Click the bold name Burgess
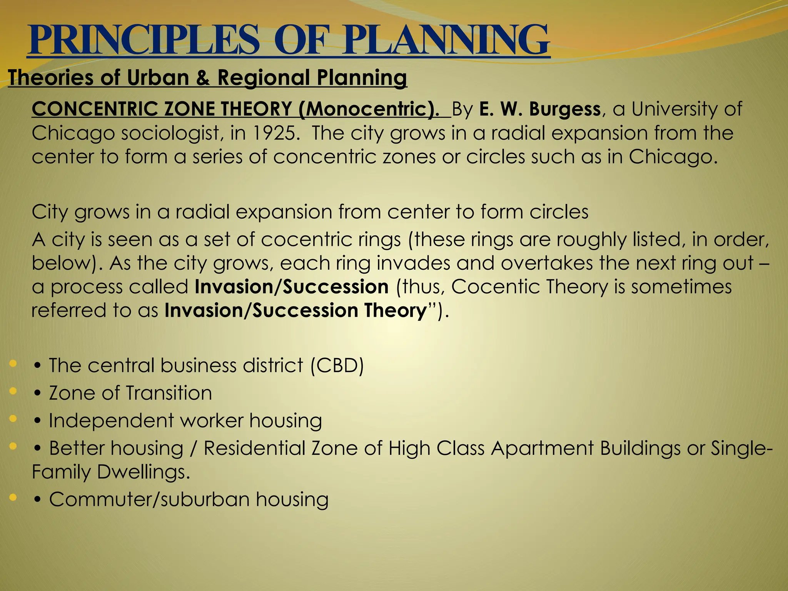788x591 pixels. [x=564, y=109]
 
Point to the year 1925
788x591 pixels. [x=275, y=133]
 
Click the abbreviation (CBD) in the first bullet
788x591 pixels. [x=337, y=365]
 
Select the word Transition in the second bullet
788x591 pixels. [x=169, y=393]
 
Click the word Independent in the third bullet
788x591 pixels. [x=111, y=420]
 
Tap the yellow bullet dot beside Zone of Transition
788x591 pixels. [x=13, y=391]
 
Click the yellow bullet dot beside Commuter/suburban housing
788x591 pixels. [x=13, y=498]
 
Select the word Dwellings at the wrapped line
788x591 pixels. [x=143, y=472]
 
